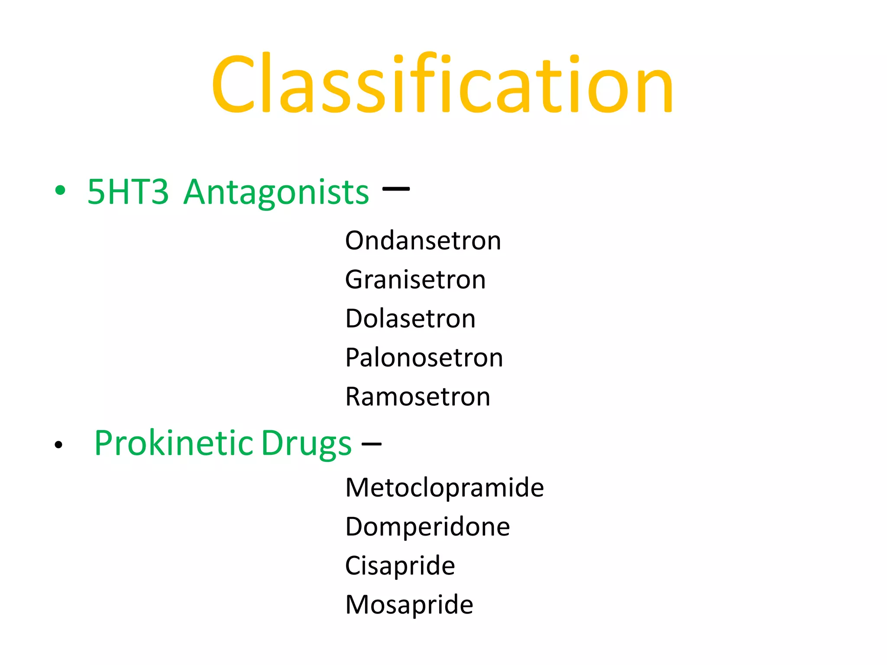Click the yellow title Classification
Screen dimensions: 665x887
tap(442, 84)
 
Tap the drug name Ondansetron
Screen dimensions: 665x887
tap(423, 241)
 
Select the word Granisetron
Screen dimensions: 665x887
tap(415, 280)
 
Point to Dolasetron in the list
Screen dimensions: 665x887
tap(410, 319)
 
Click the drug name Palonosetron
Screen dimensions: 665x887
tap(424, 358)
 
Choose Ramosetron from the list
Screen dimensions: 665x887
tap(418, 397)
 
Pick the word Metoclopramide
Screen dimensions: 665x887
tap(444, 488)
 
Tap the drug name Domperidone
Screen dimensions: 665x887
tap(427, 527)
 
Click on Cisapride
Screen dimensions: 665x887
tap(400, 566)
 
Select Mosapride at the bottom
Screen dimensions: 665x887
tap(409, 605)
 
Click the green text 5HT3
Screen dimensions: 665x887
tap(128, 192)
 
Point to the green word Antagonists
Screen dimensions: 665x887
tap(276, 193)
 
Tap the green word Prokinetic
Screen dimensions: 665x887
tap(174, 443)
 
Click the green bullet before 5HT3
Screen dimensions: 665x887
tap(60, 190)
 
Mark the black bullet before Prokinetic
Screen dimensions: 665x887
tap(59, 445)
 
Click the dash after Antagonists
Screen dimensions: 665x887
tap(396, 189)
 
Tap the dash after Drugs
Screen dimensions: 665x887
tap(372, 443)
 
